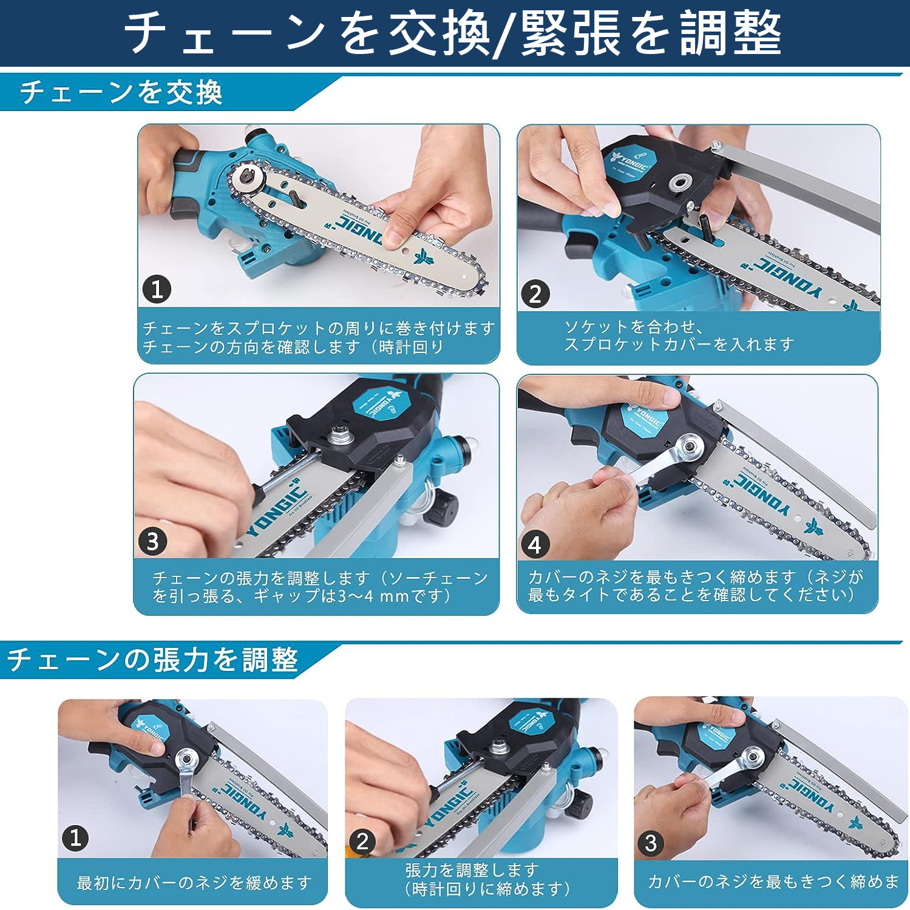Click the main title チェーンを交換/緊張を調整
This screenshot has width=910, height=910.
452,33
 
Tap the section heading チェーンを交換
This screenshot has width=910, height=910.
121,93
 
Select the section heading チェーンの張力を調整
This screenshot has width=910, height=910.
152,659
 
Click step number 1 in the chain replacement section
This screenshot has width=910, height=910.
157,289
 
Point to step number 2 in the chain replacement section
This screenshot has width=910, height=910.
535,294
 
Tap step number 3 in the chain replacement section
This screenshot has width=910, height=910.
152,541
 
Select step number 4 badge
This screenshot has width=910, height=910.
535,545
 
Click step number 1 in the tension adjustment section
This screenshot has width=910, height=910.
75,838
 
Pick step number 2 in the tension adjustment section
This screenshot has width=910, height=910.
362,841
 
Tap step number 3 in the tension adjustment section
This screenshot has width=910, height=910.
651,843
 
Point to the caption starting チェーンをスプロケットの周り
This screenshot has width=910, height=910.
319,337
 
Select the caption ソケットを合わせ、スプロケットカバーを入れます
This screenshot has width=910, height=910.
679,335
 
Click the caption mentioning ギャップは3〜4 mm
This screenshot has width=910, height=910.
320,587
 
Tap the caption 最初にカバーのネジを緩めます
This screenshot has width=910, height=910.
194,882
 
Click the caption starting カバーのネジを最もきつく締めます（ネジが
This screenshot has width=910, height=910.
695,585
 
